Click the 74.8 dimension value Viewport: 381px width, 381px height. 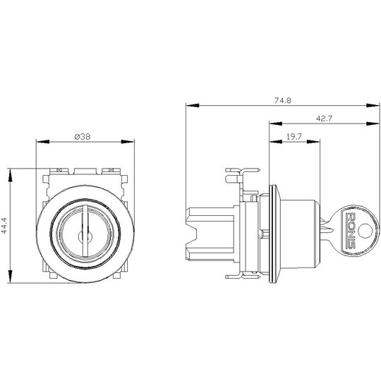tap(283, 100)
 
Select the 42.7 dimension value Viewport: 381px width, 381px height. tap(324, 119)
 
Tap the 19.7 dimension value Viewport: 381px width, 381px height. tap(294, 137)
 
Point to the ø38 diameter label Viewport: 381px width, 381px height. tap(83, 137)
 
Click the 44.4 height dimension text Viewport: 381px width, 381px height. tap(4, 226)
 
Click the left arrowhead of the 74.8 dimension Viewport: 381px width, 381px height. tap(193, 105)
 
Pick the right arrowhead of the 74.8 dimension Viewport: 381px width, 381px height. tap(373, 105)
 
